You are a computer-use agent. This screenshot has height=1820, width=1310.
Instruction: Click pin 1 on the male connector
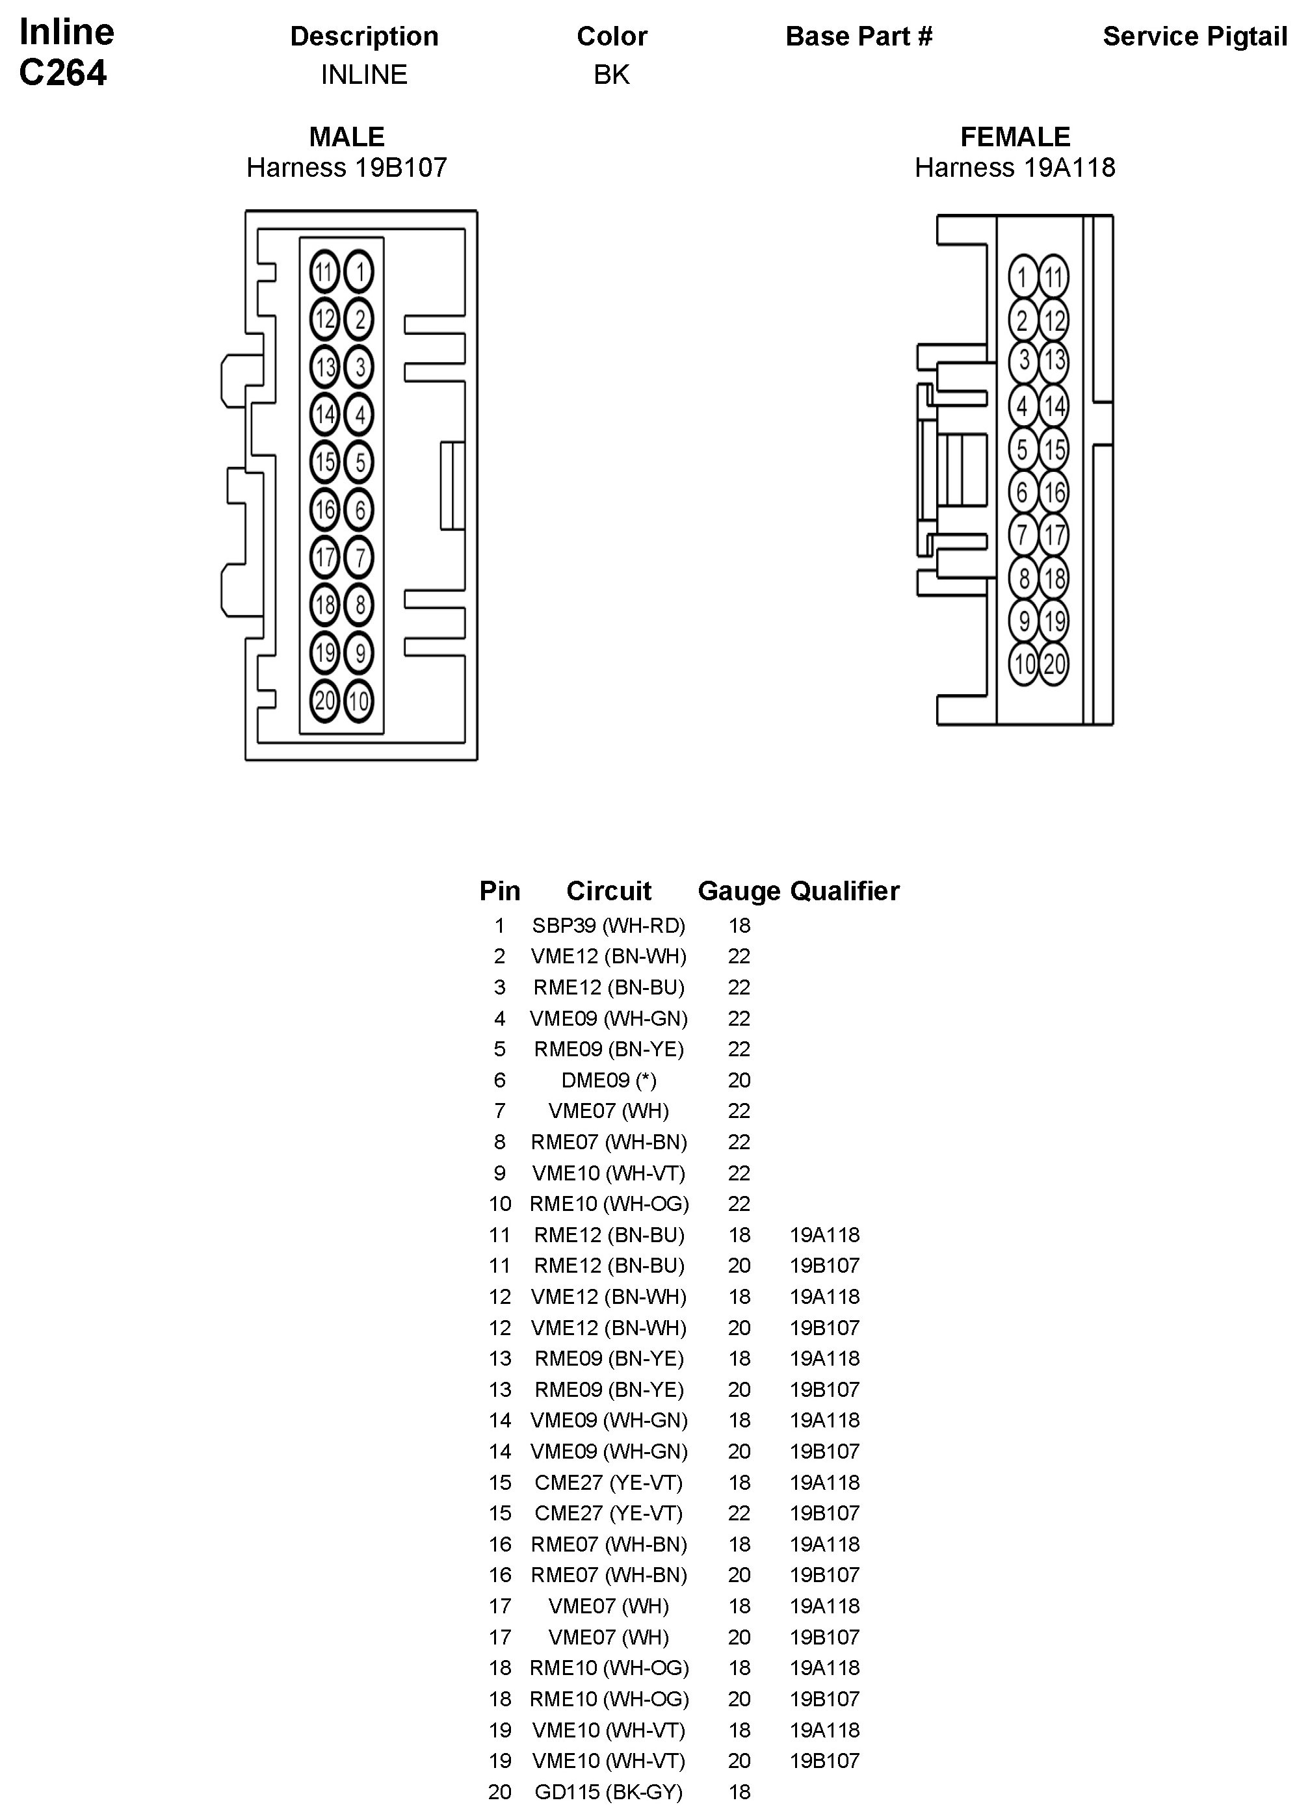pyautogui.click(x=360, y=272)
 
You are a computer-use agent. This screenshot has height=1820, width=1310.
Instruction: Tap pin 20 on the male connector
pyautogui.click(x=324, y=701)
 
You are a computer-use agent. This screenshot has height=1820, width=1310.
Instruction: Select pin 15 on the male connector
pyautogui.click(x=324, y=462)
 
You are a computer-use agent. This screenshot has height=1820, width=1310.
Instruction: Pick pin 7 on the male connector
pyautogui.click(x=360, y=558)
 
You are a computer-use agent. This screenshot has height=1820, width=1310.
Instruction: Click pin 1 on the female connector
pyautogui.click(x=1023, y=278)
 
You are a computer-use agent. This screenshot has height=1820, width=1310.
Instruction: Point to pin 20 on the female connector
pyautogui.click(x=1054, y=664)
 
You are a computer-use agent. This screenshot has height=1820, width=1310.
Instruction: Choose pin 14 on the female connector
pyautogui.click(x=1054, y=406)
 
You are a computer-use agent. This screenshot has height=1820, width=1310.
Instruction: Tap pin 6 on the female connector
pyautogui.click(x=1023, y=492)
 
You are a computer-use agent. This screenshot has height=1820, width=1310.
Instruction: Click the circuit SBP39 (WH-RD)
pyautogui.click(x=609, y=926)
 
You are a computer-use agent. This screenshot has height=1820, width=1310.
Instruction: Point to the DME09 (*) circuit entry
pyautogui.click(x=609, y=1080)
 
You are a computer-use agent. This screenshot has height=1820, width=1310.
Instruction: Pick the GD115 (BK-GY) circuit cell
pyautogui.click(x=609, y=1792)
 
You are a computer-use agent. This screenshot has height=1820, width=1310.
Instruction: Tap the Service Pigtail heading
pyautogui.click(x=1194, y=36)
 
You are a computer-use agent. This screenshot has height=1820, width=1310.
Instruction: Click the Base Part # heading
pyautogui.click(x=859, y=36)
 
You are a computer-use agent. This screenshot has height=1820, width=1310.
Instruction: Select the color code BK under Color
pyautogui.click(x=612, y=75)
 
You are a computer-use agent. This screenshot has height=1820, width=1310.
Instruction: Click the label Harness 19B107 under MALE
pyautogui.click(x=347, y=168)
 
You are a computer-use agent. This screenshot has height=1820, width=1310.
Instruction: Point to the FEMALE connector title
pyautogui.click(x=1015, y=136)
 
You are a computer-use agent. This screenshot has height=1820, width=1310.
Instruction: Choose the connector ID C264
pyautogui.click(x=62, y=73)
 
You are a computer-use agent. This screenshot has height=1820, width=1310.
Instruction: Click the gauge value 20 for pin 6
pyautogui.click(x=739, y=1080)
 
